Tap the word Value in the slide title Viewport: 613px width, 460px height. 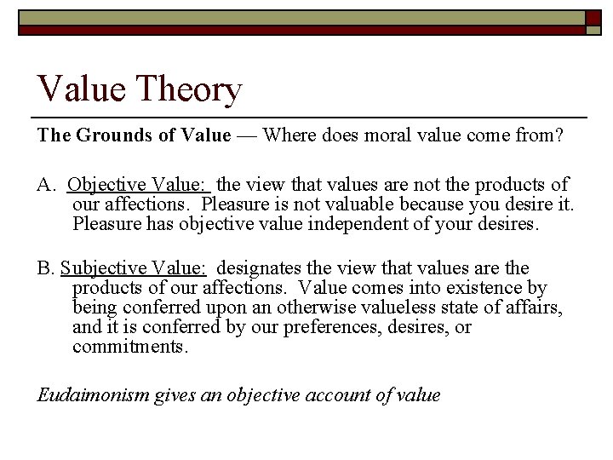click(x=76, y=89)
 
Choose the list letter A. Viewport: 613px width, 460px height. click(x=44, y=185)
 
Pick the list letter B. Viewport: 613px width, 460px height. click(x=44, y=269)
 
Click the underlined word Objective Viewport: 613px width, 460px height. click(x=106, y=185)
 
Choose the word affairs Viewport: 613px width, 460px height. click(x=534, y=308)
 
